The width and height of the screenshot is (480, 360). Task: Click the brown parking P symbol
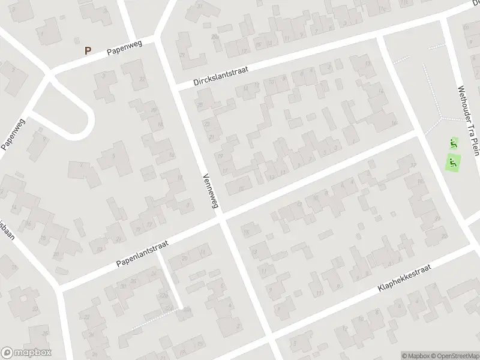88,51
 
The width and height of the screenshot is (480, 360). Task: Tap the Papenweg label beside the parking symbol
124,50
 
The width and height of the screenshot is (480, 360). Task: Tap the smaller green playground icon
453,143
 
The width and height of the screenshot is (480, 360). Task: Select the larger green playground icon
454,161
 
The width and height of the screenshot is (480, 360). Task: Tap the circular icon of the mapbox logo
7,353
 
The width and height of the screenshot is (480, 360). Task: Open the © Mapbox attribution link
415,355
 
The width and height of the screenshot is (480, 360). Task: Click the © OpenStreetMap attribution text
454,355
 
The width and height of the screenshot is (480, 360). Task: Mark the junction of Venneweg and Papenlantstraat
223,216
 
